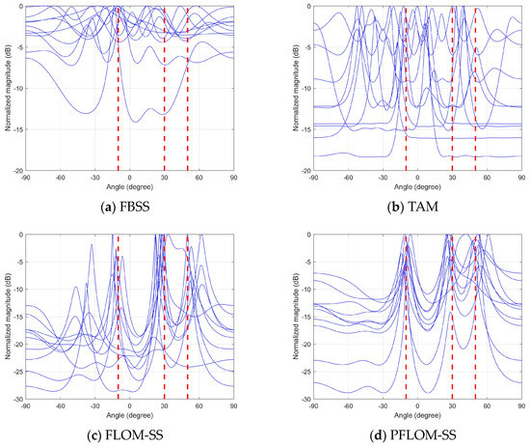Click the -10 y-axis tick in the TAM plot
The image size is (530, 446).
pos(304,88)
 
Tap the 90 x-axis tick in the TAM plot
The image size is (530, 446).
pos(521,178)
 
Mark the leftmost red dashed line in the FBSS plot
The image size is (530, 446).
pos(118,87)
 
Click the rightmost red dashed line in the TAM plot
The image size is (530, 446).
pos(475,87)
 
